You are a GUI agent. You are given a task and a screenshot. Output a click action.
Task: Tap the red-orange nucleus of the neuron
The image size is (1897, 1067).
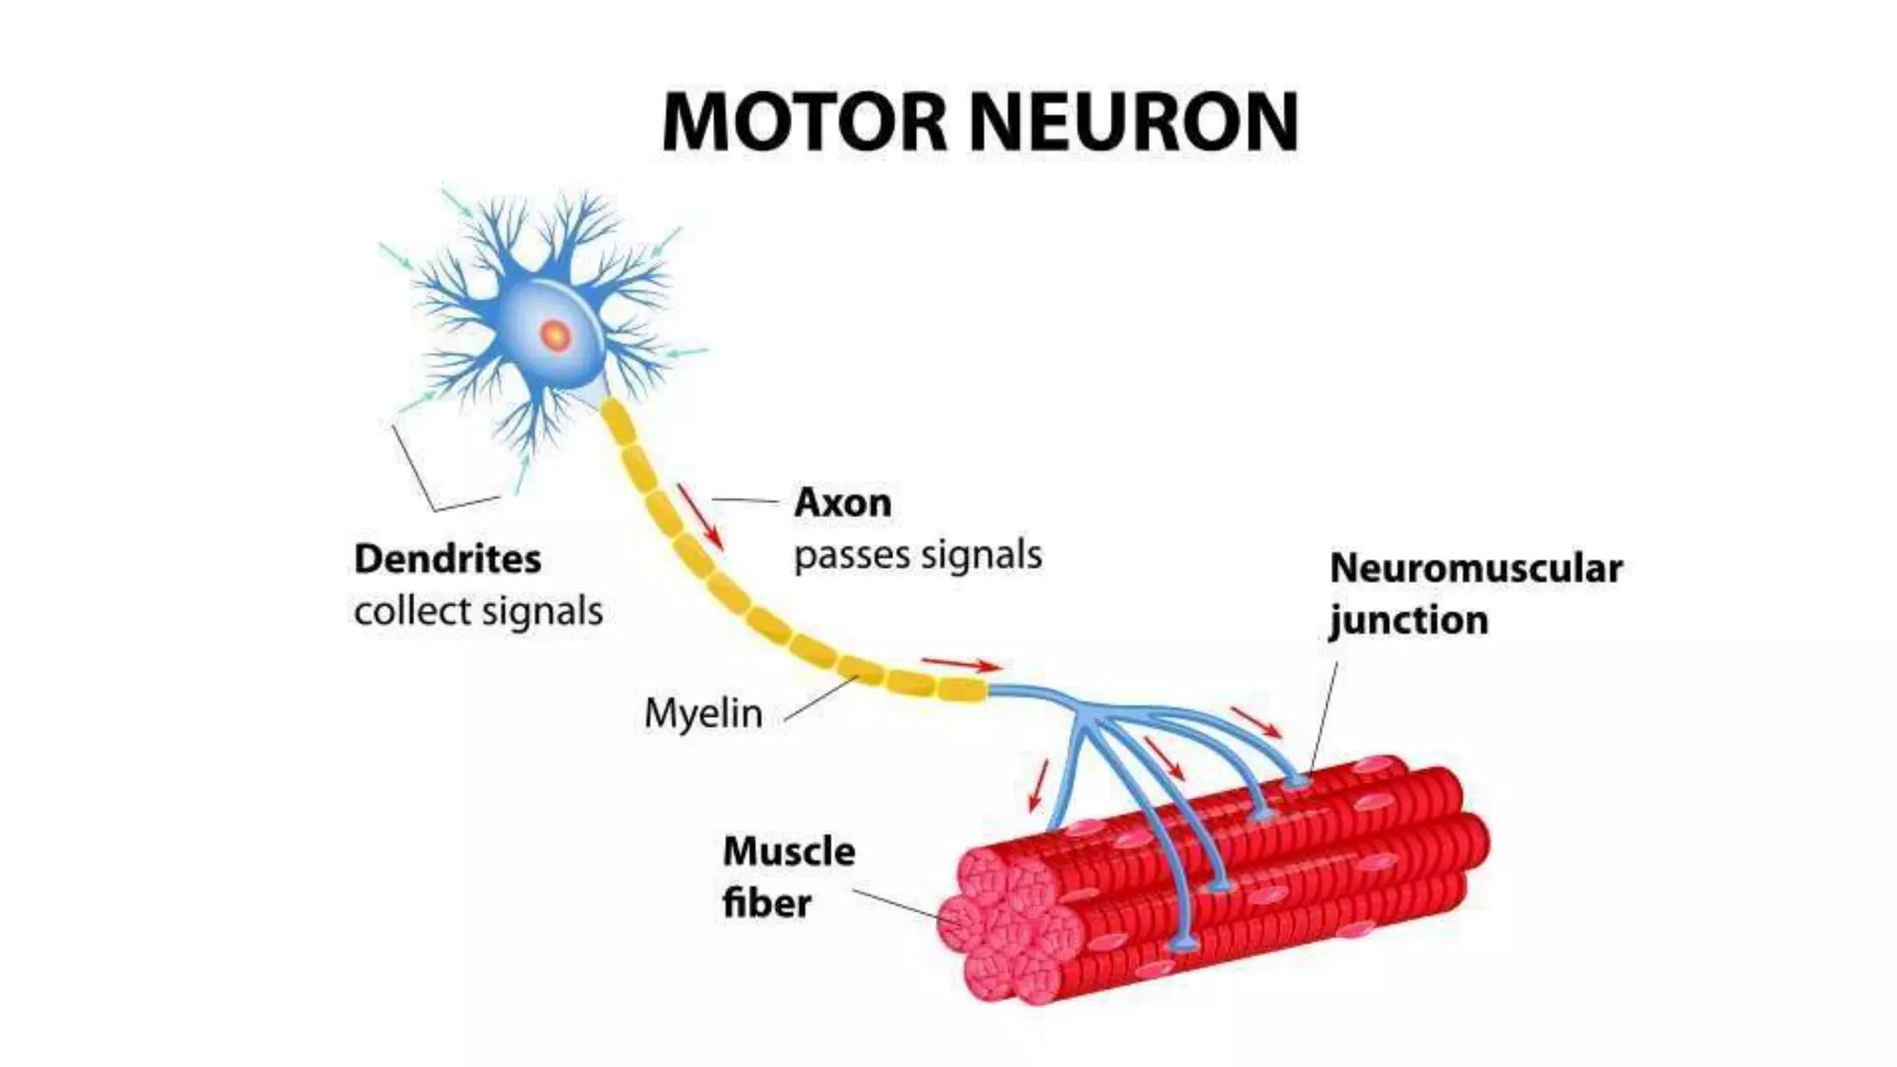tap(555, 334)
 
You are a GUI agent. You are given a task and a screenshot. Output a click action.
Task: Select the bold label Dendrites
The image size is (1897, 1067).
tap(447, 559)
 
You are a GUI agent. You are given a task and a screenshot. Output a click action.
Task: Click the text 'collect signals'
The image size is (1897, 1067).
tap(478, 611)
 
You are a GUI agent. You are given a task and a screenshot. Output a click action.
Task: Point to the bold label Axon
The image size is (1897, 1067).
tap(843, 503)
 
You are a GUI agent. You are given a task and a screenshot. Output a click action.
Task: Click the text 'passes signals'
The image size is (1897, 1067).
tap(917, 555)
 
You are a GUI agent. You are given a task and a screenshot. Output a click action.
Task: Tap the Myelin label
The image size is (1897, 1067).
tap(703, 713)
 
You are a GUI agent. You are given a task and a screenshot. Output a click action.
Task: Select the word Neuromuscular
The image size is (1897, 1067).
tap(1476, 569)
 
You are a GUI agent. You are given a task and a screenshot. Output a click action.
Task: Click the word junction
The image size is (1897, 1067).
tap(1408, 621)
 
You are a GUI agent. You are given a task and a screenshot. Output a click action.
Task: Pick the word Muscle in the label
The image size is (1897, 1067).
tap(788, 851)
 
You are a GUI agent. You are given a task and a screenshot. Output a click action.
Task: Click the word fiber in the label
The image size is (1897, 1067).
tap(766, 902)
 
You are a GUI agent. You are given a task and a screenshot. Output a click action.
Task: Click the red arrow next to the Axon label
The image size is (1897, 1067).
tap(699, 515)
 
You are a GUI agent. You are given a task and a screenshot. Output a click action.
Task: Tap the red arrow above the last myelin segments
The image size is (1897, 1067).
tap(961, 663)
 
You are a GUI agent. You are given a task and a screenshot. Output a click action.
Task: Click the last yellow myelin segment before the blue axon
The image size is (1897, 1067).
tap(961, 689)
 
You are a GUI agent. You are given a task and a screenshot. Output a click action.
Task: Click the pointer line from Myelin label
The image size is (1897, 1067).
tap(820, 698)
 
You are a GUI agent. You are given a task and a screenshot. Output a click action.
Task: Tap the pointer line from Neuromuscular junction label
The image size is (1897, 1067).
tap(1325, 713)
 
